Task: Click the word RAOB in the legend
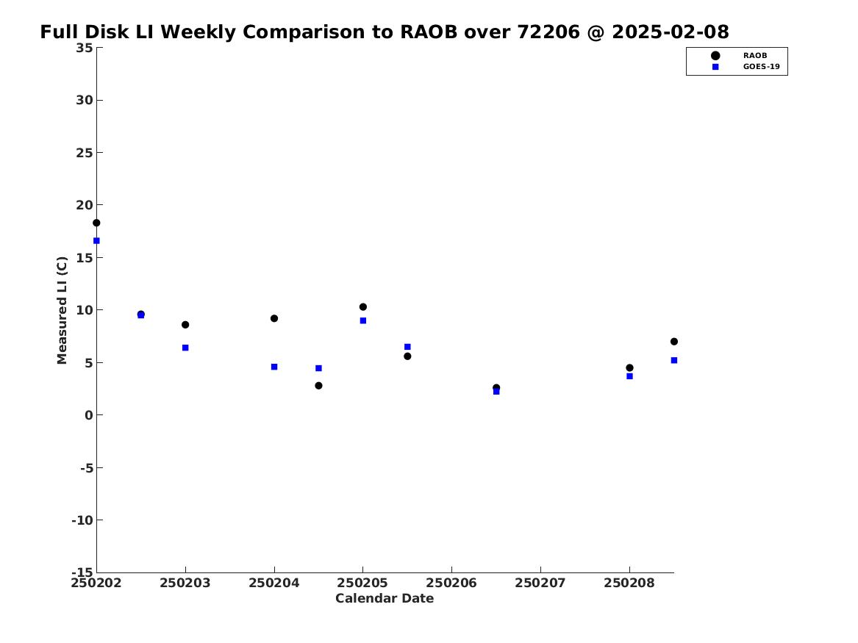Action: pyautogui.click(x=754, y=55)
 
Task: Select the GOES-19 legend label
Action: pyautogui.click(x=761, y=67)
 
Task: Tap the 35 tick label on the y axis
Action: pyautogui.click(x=85, y=48)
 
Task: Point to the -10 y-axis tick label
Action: pyautogui.click(x=82, y=520)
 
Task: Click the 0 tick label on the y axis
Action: pyautogui.click(x=89, y=415)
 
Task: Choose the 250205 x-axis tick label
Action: pyautogui.click(x=362, y=583)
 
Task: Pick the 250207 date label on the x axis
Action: pyautogui.click(x=540, y=583)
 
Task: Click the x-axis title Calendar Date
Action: pyautogui.click(x=384, y=598)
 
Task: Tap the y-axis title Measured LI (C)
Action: pyautogui.click(x=62, y=310)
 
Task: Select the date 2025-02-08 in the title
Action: pyautogui.click(x=671, y=32)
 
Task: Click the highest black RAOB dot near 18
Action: pyautogui.click(x=96, y=223)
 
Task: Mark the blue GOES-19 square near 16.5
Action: pyautogui.click(x=96, y=240)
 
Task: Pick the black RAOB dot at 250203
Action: pyautogui.click(x=185, y=325)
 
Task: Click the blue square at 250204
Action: pyautogui.click(x=274, y=367)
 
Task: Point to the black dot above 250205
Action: pyautogui.click(x=362, y=306)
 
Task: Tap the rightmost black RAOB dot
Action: pyautogui.click(x=674, y=342)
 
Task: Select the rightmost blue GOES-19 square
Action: pyautogui.click(x=674, y=360)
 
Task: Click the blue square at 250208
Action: pyautogui.click(x=629, y=376)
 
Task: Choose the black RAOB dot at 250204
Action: pyautogui.click(x=274, y=318)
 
